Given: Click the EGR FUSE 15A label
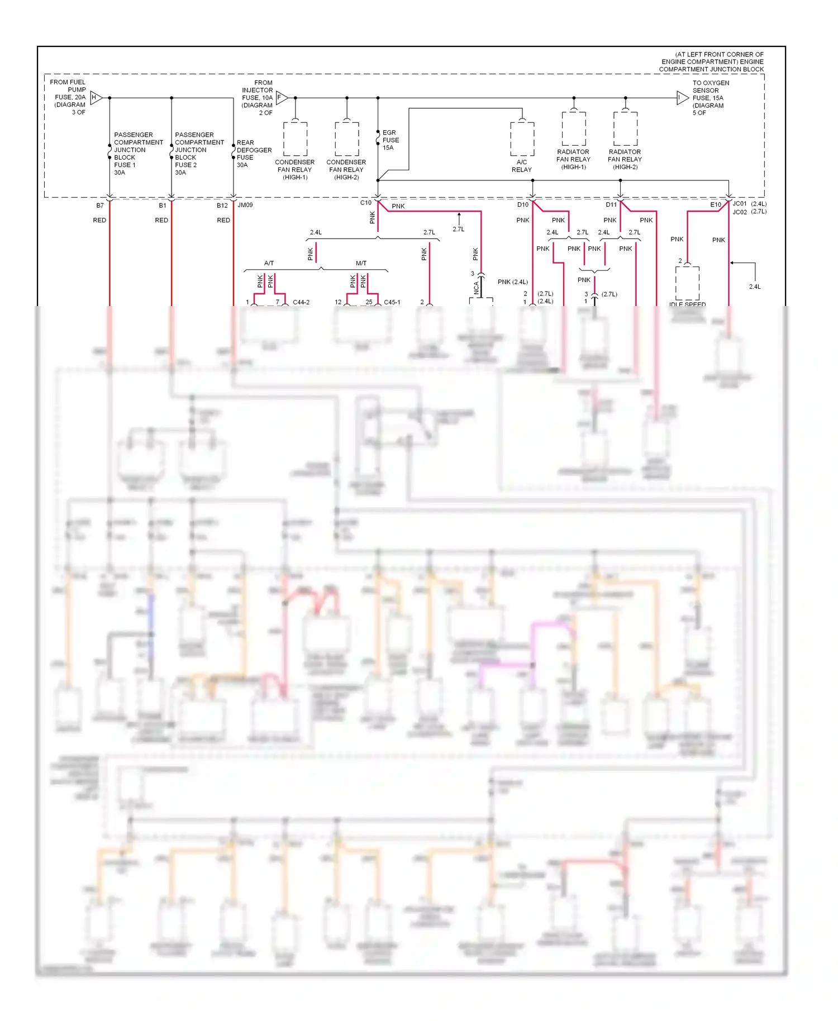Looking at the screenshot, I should [x=390, y=140].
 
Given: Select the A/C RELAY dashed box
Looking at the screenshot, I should [x=522, y=139].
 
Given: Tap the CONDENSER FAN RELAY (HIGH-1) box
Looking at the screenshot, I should [x=295, y=139].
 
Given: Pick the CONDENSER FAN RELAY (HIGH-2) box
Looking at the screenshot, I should [x=346, y=139].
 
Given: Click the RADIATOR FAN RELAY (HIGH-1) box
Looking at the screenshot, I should [x=574, y=128].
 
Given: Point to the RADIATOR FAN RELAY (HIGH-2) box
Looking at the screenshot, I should [x=625, y=128].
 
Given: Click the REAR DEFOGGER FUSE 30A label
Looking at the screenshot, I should [x=254, y=154].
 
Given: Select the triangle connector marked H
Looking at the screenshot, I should [x=96, y=98].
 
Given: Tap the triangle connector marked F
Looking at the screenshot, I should [x=281, y=98].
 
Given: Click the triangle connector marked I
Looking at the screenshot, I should [x=682, y=98].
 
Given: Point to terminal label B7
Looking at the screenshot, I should [x=100, y=206].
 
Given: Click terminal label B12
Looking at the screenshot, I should [x=222, y=206].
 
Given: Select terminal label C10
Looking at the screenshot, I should [x=365, y=203].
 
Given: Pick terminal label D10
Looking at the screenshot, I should [x=522, y=205].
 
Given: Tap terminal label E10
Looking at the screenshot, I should [x=715, y=205].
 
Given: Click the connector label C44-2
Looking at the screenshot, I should [x=301, y=302].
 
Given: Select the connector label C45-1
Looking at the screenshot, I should [x=392, y=302].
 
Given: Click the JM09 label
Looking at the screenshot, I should [x=245, y=205].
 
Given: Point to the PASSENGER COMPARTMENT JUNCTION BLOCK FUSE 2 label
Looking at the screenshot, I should [x=199, y=154].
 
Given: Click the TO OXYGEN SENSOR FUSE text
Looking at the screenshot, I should [x=710, y=98].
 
